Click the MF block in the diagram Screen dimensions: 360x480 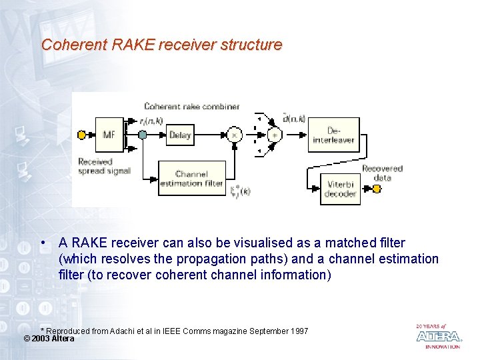click(x=109, y=135)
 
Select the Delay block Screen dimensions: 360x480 click(x=180, y=135)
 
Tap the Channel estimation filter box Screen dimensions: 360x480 click(x=191, y=179)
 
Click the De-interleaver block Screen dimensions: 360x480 click(x=334, y=135)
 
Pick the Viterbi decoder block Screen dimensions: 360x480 click(x=340, y=189)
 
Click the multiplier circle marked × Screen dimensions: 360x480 click(x=234, y=135)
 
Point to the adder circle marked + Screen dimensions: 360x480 click(x=274, y=135)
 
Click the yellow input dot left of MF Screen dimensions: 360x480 click(x=82, y=135)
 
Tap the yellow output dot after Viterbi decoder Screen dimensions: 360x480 click(x=377, y=189)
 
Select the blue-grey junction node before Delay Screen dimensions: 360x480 click(x=142, y=135)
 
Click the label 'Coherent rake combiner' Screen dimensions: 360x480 click(x=191, y=106)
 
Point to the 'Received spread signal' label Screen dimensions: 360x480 click(x=104, y=166)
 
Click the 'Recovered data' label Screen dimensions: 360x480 click(x=383, y=173)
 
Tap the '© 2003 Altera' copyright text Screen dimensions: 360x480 click(x=49, y=339)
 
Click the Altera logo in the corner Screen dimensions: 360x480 click(x=438, y=336)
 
